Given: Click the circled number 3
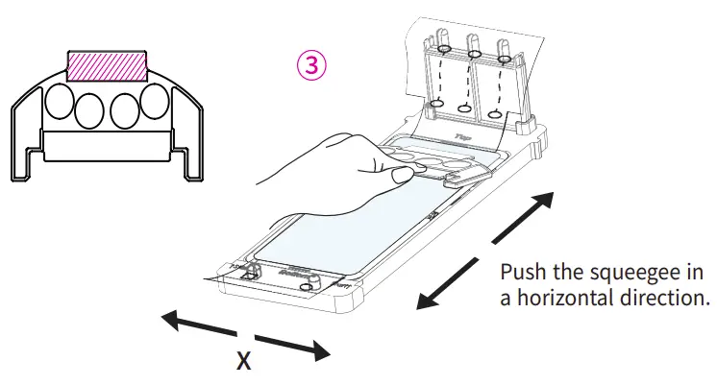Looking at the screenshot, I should pyautogui.click(x=310, y=66).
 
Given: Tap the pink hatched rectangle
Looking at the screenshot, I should pyautogui.click(x=107, y=66).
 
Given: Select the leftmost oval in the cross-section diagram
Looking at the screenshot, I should pyautogui.click(x=61, y=100).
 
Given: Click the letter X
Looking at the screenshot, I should pyautogui.click(x=244, y=361).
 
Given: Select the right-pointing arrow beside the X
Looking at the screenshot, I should pyautogui.click(x=293, y=348).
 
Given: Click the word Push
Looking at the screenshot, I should pyautogui.click(x=524, y=272).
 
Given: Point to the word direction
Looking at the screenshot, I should pyautogui.click(x=663, y=298).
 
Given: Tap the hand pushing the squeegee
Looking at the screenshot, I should pyautogui.click(x=327, y=168).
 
